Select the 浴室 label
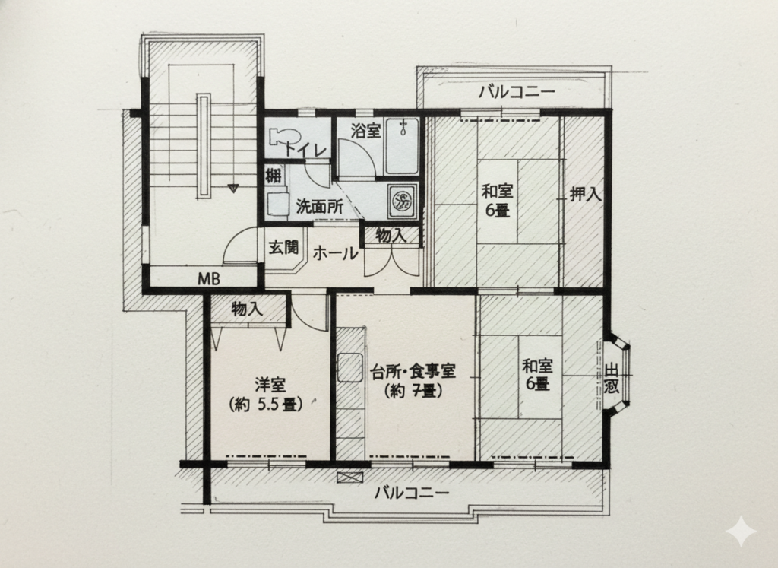(365, 131)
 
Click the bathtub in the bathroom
(401, 147)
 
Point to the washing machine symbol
(403, 201)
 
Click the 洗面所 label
(319, 207)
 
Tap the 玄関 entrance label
(284, 247)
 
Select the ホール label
(335, 253)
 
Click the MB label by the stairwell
(208, 278)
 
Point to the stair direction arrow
(232, 188)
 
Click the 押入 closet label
(585, 194)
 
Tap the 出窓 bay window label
(612, 379)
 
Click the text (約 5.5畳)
(267, 405)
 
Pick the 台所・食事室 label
(413, 371)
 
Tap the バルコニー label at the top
(516, 92)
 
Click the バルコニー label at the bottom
(413, 493)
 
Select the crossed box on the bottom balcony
(349, 478)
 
